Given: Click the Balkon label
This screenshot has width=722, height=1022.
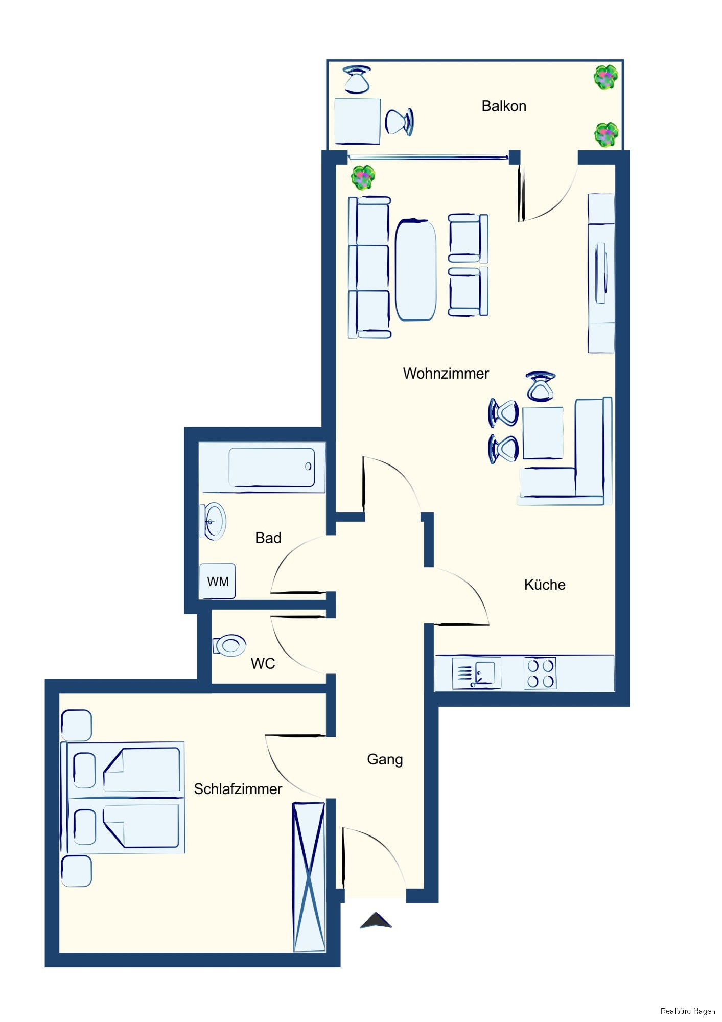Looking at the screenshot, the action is tap(503, 106).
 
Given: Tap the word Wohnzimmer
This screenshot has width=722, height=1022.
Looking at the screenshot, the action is tap(446, 374).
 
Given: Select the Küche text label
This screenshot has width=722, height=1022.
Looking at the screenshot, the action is tap(545, 585).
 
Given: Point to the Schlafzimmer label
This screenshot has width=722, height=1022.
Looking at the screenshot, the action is tap(238, 789).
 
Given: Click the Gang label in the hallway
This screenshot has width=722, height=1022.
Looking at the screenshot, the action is tap(385, 760).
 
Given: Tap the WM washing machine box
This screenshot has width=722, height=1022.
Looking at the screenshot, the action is tap(218, 581).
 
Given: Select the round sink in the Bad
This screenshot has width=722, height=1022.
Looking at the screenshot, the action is tap(213, 521).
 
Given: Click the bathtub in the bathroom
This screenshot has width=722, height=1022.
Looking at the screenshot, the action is tap(271, 468).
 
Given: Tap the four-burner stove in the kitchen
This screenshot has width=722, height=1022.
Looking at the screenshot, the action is tap(541, 673).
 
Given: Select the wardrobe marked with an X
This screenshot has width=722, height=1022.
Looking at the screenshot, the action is tap(309, 877).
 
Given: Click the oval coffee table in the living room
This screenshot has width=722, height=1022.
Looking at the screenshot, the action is tap(416, 270).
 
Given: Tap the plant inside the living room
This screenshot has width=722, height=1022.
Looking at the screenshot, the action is tap(363, 177).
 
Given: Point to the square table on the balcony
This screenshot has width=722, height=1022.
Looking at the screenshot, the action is tap(357, 121).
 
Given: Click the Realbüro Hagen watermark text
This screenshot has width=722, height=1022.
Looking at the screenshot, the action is tap(687, 1011).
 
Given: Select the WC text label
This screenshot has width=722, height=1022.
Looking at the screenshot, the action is tap(263, 663).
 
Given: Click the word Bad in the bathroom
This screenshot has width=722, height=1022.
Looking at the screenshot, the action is tap(268, 538).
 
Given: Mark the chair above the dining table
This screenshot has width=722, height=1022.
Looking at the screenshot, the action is tap(541, 386).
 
